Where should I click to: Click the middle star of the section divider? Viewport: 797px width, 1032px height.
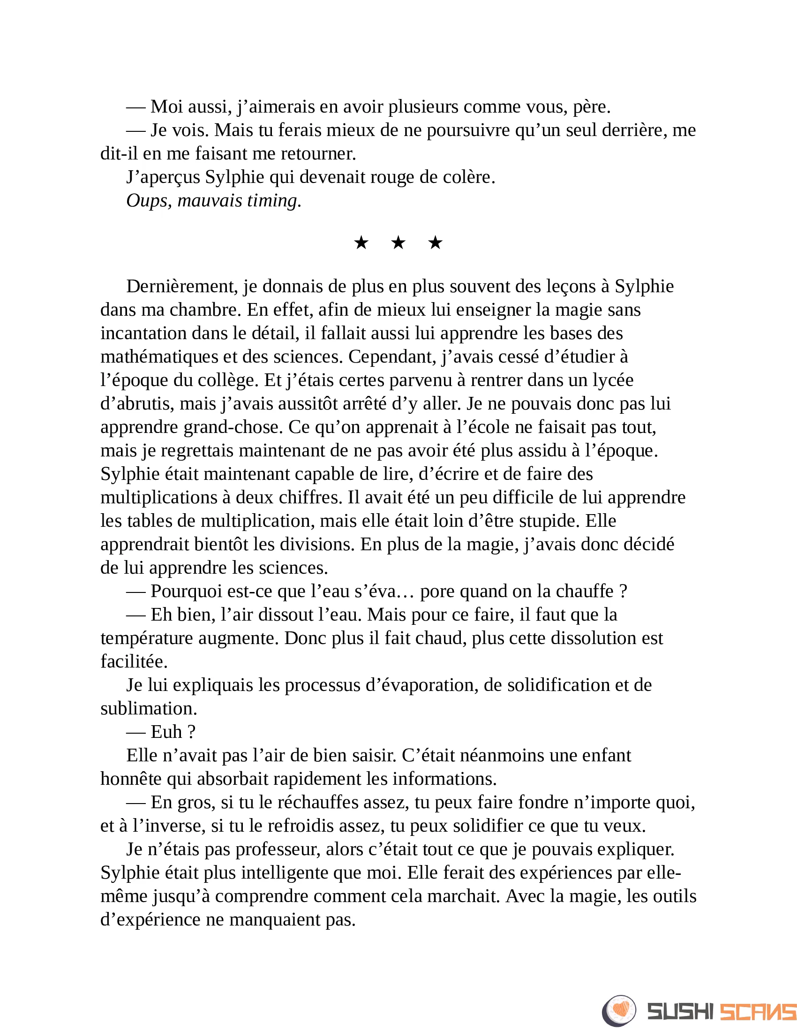tap(398, 243)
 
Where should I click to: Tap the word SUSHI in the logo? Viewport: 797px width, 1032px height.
tap(680, 1012)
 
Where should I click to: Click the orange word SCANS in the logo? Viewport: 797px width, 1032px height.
tap(757, 1012)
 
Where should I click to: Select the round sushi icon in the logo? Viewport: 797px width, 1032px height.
tap(619, 1011)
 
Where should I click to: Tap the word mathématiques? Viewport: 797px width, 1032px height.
tap(158, 357)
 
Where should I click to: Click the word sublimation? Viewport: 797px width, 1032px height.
tap(148, 708)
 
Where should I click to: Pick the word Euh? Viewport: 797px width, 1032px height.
tap(166, 732)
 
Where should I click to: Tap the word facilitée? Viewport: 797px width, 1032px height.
tap(134, 661)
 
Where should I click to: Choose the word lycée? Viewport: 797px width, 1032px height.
tap(613, 380)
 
